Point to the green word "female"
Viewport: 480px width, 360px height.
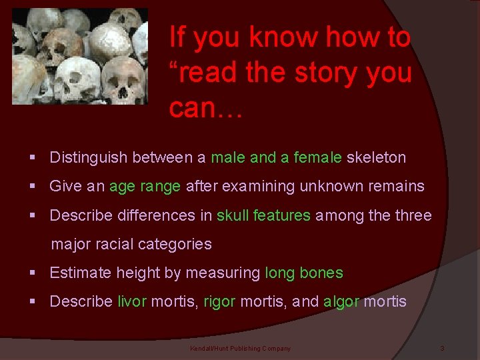(x=317, y=157)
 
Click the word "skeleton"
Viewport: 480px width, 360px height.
(x=377, y=157)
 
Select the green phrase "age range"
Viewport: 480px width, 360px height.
(x=145, y=186)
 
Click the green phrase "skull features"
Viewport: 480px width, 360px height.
(x=263, y=215)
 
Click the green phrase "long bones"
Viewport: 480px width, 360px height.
(x=304, y=273)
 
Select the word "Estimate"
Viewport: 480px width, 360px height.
(x=81, y=273)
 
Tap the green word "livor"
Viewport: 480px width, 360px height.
(x=131, y=301)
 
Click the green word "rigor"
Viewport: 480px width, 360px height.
(x=219, y=301)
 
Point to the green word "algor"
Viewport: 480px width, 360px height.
(x=341, y=301)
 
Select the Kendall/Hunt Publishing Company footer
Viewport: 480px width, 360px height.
(x=240, y=349)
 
